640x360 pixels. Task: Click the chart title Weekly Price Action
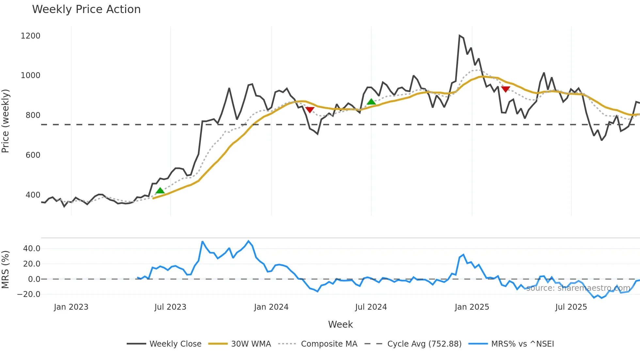[x=86, y=9]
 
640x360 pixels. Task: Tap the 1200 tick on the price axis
[x=30, y=36]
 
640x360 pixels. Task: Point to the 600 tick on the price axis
[x=33, y=155]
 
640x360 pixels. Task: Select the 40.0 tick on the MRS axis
[x=32, y=249]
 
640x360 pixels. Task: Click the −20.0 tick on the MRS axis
[x=29, y=294]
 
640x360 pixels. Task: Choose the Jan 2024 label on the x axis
[x=271, y=307]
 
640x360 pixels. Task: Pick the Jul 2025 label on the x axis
[x=571, y=307]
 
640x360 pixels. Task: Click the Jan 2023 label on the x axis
[x=71, y=307]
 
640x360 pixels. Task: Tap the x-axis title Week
[x=340, y=324]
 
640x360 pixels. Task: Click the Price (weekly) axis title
[x=6, y=121]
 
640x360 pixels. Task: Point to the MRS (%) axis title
[x=6, y=270]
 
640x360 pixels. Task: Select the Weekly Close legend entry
[x=175, y=344]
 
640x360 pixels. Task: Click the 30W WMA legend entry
[x=251, y=344]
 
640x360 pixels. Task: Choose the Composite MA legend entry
[x=329, y=344]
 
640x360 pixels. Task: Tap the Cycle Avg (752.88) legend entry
[x=424, y=344]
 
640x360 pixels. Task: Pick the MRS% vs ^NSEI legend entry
[x=522, y=344]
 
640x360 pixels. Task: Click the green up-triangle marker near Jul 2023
[x=160, y=190]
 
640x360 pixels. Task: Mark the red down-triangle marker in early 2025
[x=505, y=89]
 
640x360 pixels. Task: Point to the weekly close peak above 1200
[x=459, y=36]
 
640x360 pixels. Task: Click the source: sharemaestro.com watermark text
[x=578, y=288]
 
